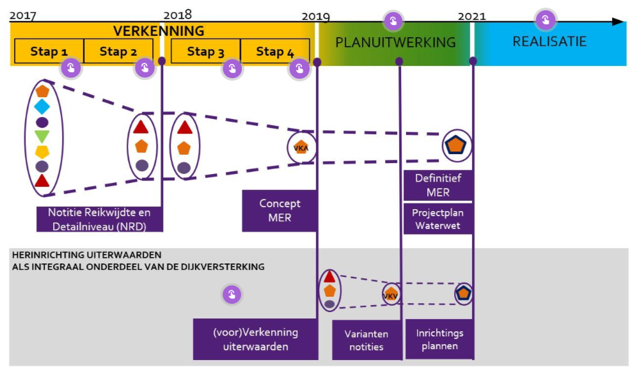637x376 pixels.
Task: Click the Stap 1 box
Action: click(49, 51)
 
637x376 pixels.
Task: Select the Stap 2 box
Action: click(118, 51)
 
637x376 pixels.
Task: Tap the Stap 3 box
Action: click(205, 51)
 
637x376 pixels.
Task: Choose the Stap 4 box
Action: click(275, 51)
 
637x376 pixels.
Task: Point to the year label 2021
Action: click(471, 16)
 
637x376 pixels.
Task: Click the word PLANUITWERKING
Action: click(395, 43)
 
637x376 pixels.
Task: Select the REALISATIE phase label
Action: click(549, 42)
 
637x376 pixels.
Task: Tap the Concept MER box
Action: click(279, 210)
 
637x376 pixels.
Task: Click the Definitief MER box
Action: click(437, 185)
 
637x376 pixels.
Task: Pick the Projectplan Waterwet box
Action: click(437, 219)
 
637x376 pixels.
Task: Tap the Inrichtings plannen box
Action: click(439, 340)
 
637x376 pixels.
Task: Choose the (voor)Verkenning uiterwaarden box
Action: click(255, 340)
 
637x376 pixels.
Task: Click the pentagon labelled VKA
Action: click(301, 147)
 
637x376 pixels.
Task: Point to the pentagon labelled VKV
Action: click(391, 295)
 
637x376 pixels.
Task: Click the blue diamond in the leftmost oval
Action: click(42, 106)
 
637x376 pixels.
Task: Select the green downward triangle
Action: click(42, 136)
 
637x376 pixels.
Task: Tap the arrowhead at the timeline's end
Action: click(618, 22)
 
